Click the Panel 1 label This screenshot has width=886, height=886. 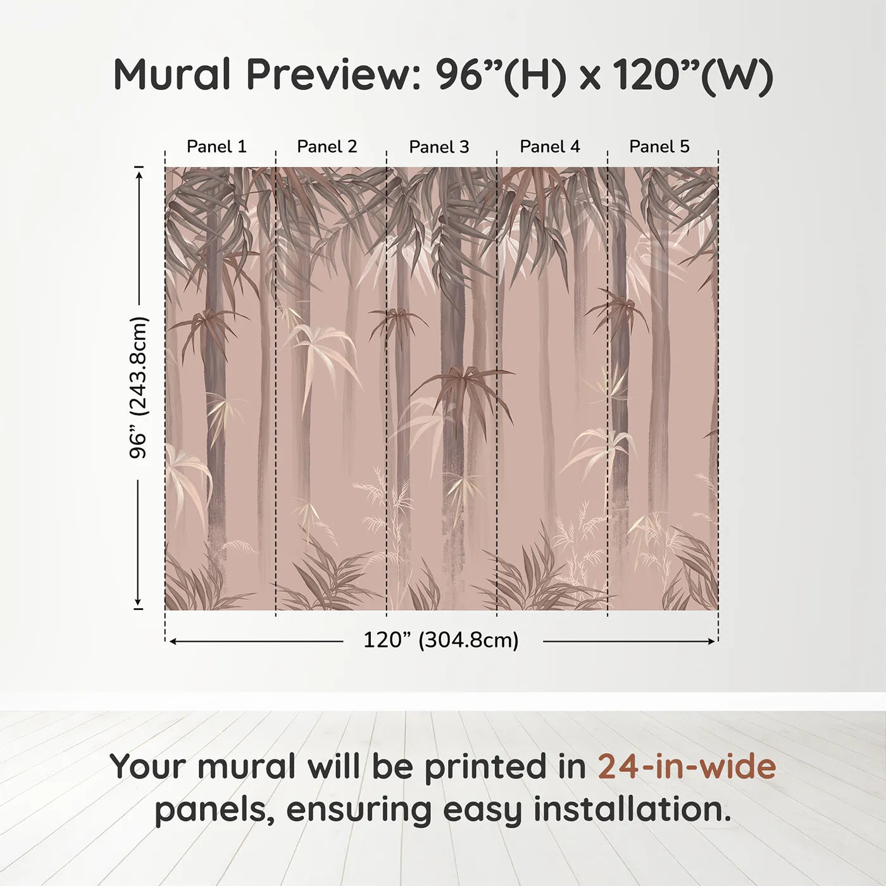216,147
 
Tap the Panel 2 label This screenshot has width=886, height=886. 327,147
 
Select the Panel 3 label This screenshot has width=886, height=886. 439,147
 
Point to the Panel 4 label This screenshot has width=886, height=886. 550,147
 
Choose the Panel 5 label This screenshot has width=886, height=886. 659,147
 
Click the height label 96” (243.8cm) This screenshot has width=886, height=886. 138,387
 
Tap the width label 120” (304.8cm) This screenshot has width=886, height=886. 441,640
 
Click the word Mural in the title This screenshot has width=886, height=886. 172,75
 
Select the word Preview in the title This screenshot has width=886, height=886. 329,75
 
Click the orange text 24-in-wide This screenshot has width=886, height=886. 687,766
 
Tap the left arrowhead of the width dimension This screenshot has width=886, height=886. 172,642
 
